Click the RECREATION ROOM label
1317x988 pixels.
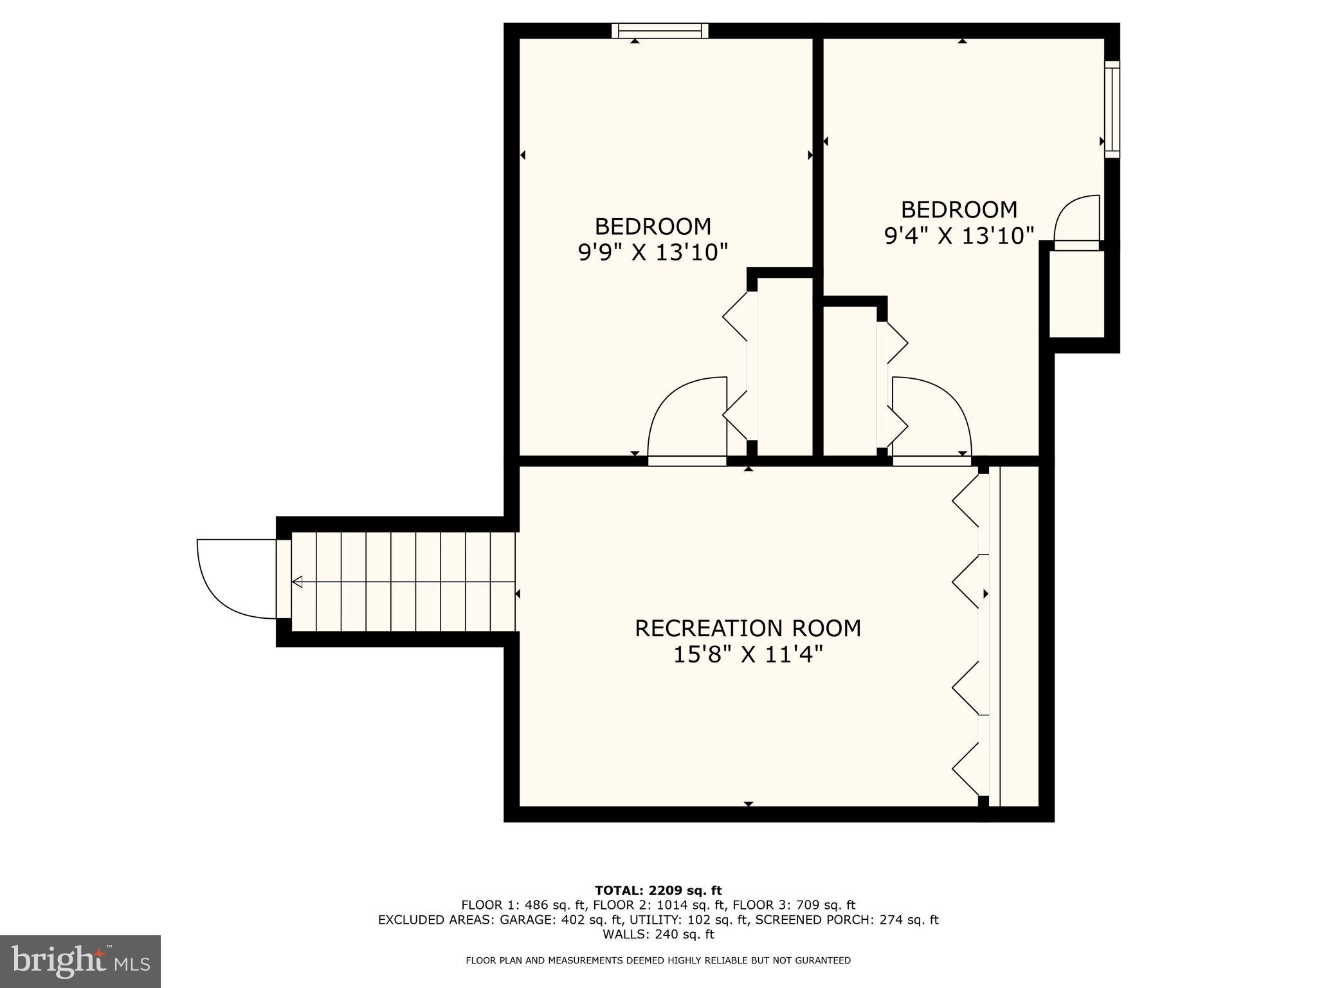click(747, 628)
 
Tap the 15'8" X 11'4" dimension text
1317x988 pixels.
click(747, 655)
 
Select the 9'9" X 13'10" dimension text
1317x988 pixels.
click(653, 252)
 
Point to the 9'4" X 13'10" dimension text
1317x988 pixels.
click(959, 236)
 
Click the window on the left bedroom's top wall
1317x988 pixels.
click(659, 30)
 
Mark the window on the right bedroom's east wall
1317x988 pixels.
click(1112, 109)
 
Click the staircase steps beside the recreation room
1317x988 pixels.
click(404, 581)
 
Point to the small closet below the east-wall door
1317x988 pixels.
click(1076, 293)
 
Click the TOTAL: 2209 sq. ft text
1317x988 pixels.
click(658, 891)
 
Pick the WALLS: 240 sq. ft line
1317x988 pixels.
click(658, 934)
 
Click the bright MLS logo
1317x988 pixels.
click(80, 962)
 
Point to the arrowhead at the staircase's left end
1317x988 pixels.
click(297, 582)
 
